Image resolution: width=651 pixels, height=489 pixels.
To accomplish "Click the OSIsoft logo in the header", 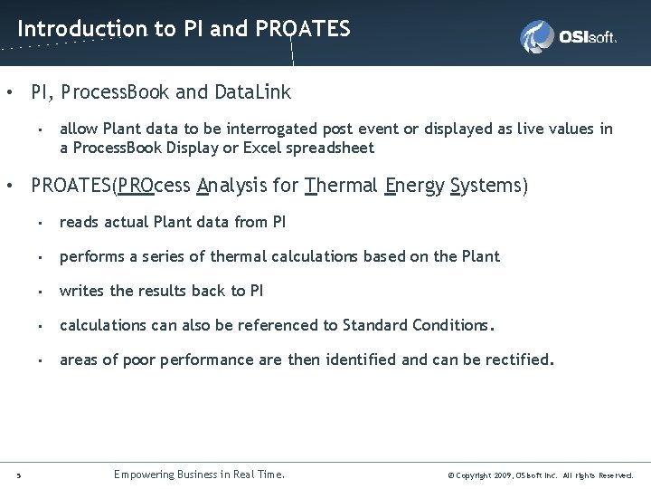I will pos(568,37).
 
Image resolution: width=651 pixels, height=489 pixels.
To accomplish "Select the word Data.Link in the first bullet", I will pos(253,92).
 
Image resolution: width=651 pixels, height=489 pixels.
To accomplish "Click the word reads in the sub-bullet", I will pos(79,222).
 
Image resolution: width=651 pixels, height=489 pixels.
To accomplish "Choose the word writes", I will pos(81,291).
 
